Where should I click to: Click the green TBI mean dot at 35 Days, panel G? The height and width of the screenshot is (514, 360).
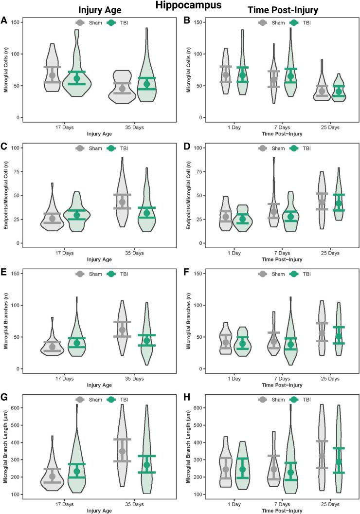[133, 465]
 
